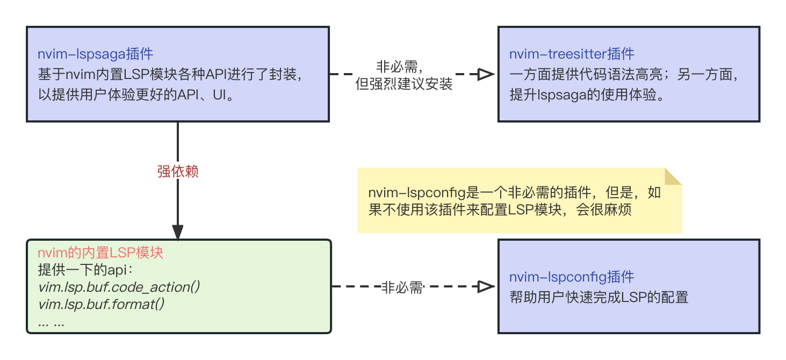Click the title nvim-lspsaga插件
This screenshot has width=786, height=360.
tap(95, 54)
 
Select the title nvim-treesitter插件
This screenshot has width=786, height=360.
tap(572, 54)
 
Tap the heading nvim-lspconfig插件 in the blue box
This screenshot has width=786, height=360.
tap(572, 277)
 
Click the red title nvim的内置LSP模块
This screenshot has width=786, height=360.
tap(100, 253)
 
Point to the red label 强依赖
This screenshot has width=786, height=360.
tap(178, 171)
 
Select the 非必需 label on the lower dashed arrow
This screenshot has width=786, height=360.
tap(402, 287)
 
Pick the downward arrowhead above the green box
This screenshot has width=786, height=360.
tap(178, 232)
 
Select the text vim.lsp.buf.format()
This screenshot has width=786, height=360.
tap(101, 305)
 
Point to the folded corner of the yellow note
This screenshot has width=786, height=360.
tap(673, 176)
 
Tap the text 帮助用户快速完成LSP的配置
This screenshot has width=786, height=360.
tap(598, 297)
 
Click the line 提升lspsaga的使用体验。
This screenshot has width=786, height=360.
tap(583, 95)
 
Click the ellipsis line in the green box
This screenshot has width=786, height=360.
tap(52, 322)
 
